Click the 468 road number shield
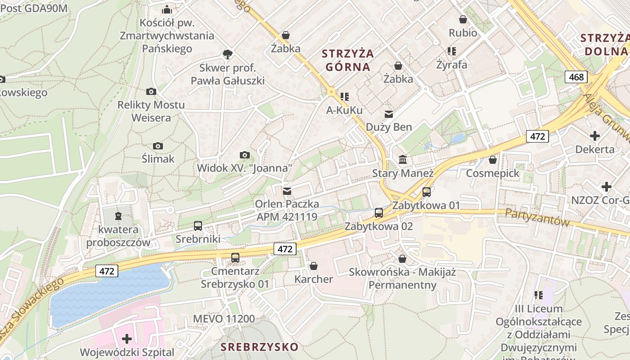coord(576,77)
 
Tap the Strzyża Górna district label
coord(348,60)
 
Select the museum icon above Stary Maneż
coord(403,160)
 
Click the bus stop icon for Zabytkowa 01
coord(426,192)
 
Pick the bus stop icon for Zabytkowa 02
coord(379,213)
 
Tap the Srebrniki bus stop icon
coord(198,226)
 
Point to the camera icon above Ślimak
coord(158,146)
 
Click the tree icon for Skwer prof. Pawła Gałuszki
coord(228,55)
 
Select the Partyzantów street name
coord(537,217)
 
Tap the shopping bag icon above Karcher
coord(314,266)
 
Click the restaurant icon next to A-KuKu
coord(345,96)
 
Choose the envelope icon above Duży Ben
coord(388,114)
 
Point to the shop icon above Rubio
coord(463,19)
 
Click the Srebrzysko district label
coord(259,347)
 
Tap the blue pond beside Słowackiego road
coord(108,295)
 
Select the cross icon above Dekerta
coord(595,135)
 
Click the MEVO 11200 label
coord(224,319)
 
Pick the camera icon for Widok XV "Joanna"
coord(244,155)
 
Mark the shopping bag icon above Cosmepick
coord(493,160)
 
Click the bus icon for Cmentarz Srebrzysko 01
coord(235,258)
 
